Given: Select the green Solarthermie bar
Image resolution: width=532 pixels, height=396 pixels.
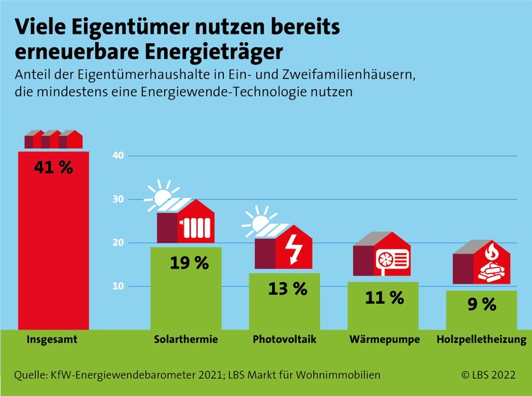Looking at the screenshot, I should tap(186, 288).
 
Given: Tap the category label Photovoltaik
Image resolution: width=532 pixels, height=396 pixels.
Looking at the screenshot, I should tap(285, 340).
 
